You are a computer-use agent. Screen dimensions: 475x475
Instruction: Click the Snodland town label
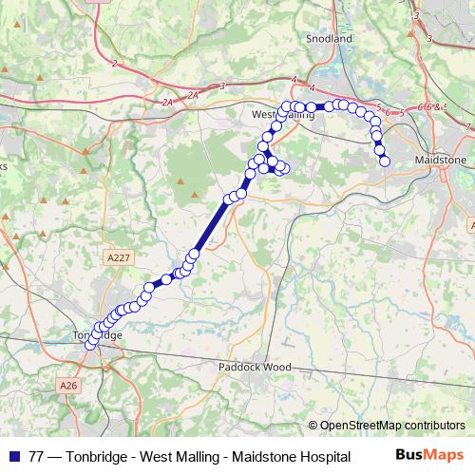[329, 39]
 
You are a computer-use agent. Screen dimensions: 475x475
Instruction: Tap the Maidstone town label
[437, 161]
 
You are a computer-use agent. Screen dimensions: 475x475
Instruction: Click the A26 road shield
[66, 386]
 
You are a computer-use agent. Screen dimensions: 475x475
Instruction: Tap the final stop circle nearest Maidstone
[385, 161]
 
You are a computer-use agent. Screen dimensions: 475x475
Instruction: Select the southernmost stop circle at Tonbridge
[91, 345]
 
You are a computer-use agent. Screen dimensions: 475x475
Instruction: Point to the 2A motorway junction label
[170, 101]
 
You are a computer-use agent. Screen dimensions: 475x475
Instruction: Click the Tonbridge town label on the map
[98, 336]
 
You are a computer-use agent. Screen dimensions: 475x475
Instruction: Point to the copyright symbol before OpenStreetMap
[313, 426]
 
